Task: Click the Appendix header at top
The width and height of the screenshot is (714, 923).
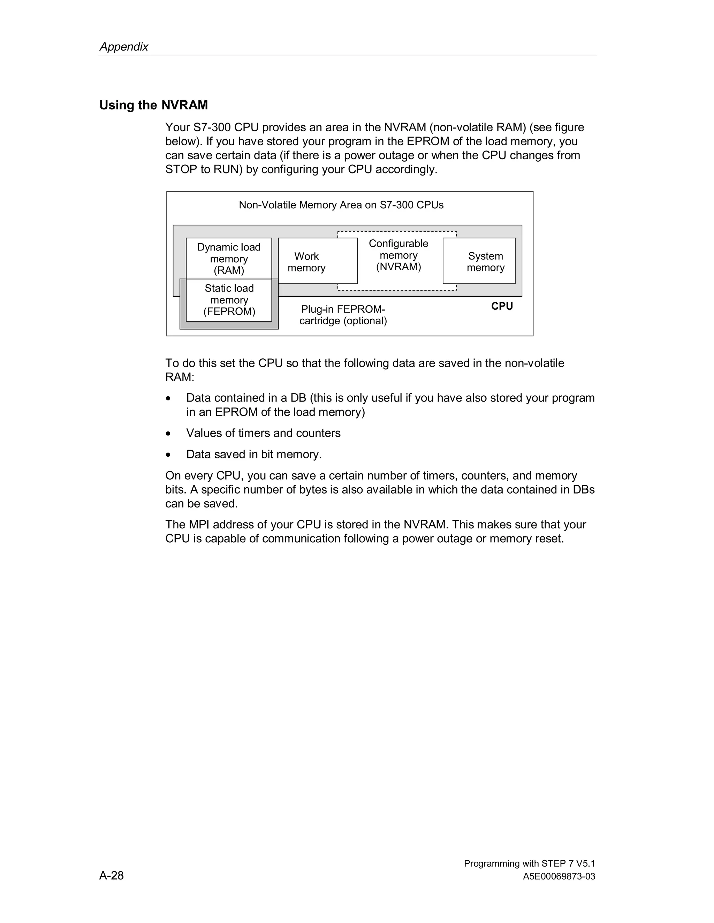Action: pyautogui.click(x=123, y=46)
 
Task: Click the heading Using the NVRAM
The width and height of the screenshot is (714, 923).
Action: pyautogui.click(x=153, y=105)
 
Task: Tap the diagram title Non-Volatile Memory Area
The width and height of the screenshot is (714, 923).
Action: pyautogui.click(x=341, y=205)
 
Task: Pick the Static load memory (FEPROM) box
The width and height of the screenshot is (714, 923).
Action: pyautogui.click(x=229, y=300)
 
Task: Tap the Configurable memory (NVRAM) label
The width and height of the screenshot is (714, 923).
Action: pyautogui.click(x=398, y=255)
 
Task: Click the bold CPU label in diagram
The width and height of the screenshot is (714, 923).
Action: pyautogui.click(x=502, y=306)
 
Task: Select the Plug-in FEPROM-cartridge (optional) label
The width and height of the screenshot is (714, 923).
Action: pyautogui.click(x=343, y=315)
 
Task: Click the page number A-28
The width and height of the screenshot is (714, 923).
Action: pyautogui.click(x=112, y=875)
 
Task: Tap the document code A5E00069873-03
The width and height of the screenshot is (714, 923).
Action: pyautogui.click(x=559, y=877)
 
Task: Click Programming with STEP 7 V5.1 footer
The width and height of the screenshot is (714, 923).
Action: pyautogui.click(x=529, y=863)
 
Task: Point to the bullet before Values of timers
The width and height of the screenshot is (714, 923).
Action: pyautogui.click(x=168, y=434)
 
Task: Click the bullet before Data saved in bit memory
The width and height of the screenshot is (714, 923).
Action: pyautogui.click(x=168, y=455)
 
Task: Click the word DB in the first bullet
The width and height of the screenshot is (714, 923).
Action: pyautogui.click(x=298, y=398)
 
